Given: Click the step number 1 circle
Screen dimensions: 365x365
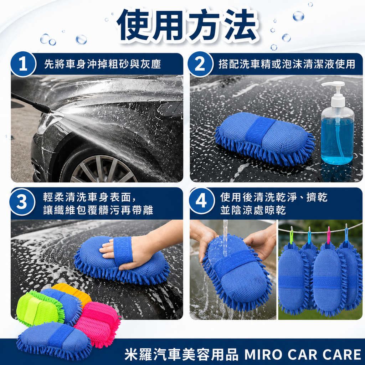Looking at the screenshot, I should click(23, 64).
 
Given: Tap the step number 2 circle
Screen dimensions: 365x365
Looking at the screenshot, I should click(200, 64).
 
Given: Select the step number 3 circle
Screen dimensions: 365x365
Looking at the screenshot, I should click(22, 202).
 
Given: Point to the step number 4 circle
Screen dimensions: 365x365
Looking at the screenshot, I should click(201, 202).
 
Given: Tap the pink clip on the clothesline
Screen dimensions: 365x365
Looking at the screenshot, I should click(328, 235).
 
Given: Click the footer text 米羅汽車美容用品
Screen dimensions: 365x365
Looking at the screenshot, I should click(181, 354).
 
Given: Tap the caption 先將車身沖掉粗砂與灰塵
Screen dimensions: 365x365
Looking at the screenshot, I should click(102, 64).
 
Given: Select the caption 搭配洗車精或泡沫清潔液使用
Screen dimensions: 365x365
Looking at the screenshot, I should click(287, 64).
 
